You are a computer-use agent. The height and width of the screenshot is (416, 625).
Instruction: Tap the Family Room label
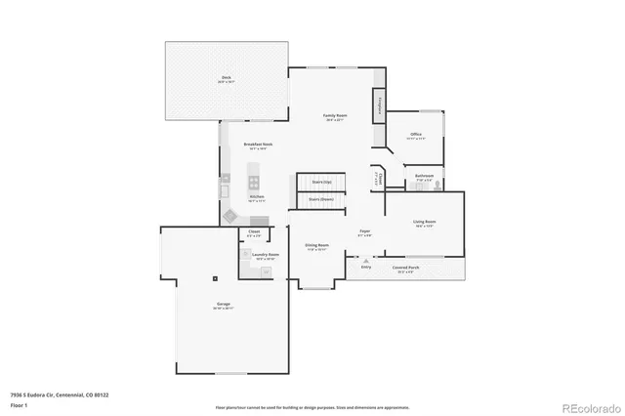335,116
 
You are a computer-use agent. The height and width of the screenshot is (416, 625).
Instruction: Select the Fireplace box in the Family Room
377,106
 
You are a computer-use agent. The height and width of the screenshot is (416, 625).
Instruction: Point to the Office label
415,134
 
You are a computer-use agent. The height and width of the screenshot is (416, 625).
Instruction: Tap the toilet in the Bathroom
438,184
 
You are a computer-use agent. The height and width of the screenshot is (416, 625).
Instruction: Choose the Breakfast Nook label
258,145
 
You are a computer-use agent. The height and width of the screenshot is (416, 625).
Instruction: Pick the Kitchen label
257,197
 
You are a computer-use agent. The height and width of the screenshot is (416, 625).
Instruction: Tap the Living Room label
424,223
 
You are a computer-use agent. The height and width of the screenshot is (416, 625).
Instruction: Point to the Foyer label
363,232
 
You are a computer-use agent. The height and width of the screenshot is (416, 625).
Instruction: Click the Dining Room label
316,246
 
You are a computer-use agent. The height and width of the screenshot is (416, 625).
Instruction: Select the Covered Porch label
404,267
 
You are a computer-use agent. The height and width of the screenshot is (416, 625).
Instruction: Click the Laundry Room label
266,255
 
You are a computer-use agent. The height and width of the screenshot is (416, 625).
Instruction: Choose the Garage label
224,305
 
